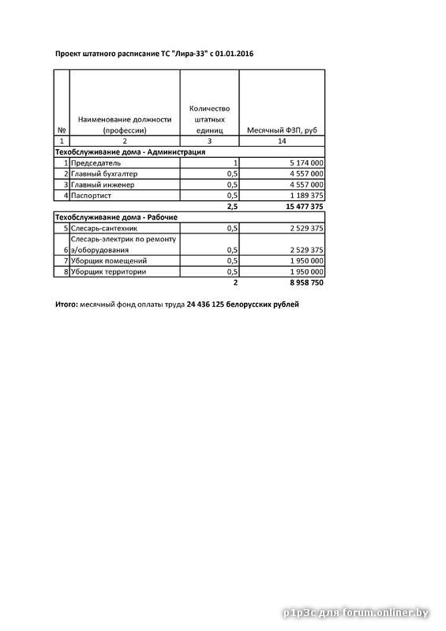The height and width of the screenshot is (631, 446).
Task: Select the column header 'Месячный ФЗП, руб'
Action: pyautogui.click(x=282, y=130)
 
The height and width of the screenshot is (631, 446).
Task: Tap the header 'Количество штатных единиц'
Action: pyautogui.click(x=209, y=119)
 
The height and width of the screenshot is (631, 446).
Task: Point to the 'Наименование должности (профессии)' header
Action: pyautogui.click(x=125, y=125)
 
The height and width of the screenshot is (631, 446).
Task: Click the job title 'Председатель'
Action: pyautogui.click(x=96, y=162)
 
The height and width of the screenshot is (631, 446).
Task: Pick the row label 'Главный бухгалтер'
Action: pyautogui.click(x=103, y=173)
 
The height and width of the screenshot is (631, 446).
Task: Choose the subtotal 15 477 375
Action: pyautogui.click(x=300, y=206)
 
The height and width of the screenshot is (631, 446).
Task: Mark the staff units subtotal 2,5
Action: pyautogui.click(x=231, y=206)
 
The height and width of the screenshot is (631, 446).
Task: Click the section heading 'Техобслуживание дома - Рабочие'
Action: pyautogui.click(x=115, y=216)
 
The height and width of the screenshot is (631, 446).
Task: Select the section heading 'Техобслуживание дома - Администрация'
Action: pyautogui.click(x=129, y=151)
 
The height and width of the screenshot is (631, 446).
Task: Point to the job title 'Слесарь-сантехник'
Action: pyautogui.click(x=103, y=227)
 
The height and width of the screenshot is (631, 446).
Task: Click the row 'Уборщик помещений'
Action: pyautogui.click(x=108, y=260)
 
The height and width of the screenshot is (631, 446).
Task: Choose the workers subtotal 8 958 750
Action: pyautogui.click(x=303, y=282)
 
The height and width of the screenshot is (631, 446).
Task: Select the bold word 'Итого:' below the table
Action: pyautogui.click(x=66, y=304)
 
